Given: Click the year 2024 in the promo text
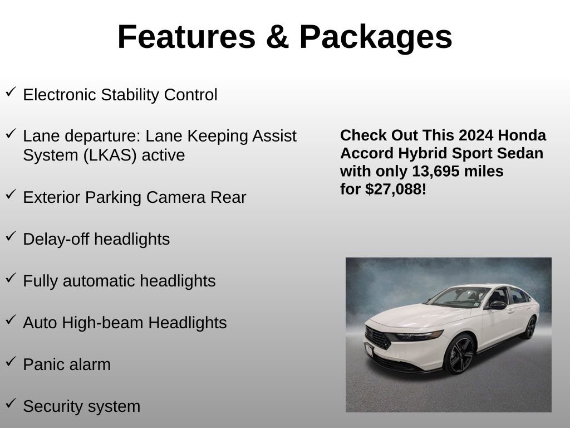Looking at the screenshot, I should click(476, 135).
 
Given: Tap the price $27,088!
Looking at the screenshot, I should click(396, 189).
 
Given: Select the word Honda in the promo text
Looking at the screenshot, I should click(522, 135).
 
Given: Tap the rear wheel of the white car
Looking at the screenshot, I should click(529, 327).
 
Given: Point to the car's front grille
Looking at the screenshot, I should click(379, 338).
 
